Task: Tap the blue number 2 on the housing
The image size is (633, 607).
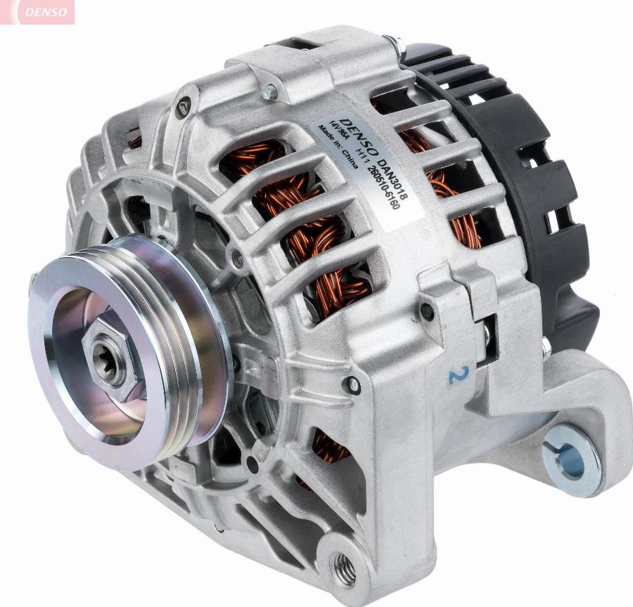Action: point(458,374)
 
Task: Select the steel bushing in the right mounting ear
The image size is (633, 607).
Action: point(571,460)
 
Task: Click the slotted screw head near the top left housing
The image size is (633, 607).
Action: point(183,108)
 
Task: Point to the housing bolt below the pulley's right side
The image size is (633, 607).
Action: point(352,384)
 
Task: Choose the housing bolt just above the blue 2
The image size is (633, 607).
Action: point(426,309)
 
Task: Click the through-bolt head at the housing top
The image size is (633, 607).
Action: point(269,91)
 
